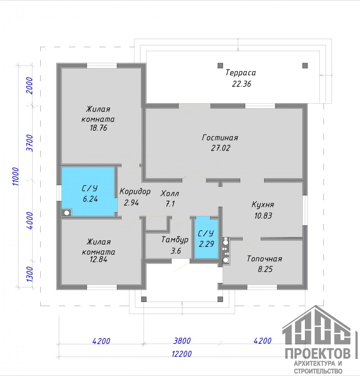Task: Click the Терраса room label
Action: [241, 73]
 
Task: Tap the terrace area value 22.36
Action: [241, 84]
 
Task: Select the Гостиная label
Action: [220, 138]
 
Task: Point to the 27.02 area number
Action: [221, 148]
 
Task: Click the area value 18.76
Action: [99, 128]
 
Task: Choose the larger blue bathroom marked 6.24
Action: [89, 191]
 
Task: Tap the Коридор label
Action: [135, 192]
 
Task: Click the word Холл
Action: [170, 193]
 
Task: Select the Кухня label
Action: [263, 205]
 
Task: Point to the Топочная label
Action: [264, 259]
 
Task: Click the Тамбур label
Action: [175, 240]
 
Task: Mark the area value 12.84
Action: [99, 259]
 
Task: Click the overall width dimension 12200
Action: [182, 354]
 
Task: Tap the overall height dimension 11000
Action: [16, 177]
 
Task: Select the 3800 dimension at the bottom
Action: [182, 341]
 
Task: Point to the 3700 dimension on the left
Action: [30, 143]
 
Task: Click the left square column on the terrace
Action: [220, 66]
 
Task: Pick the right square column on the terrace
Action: [305, 66]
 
